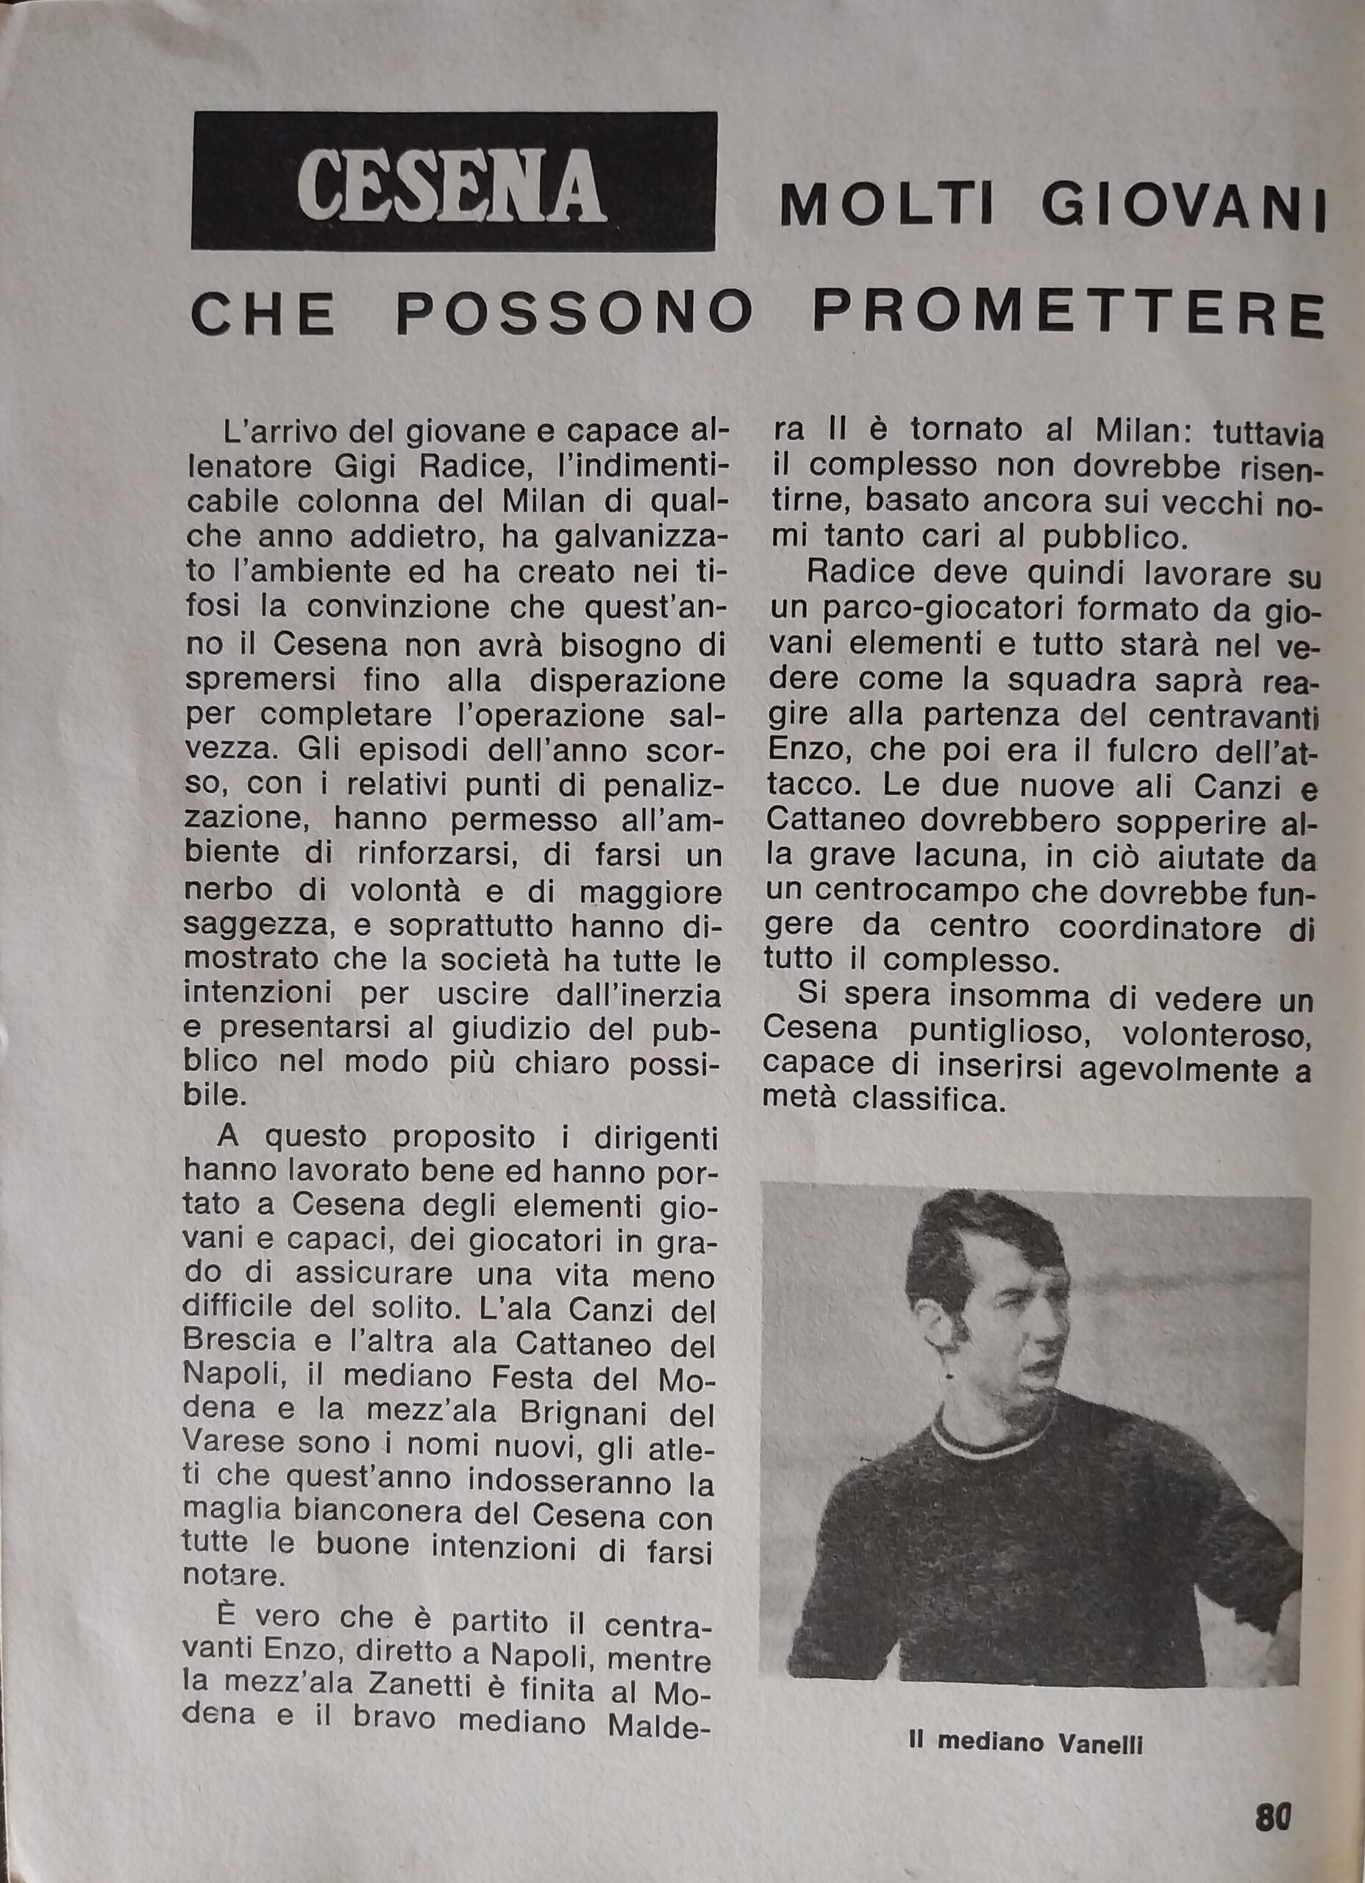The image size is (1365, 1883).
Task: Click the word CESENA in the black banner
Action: (x=452, y=182)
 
